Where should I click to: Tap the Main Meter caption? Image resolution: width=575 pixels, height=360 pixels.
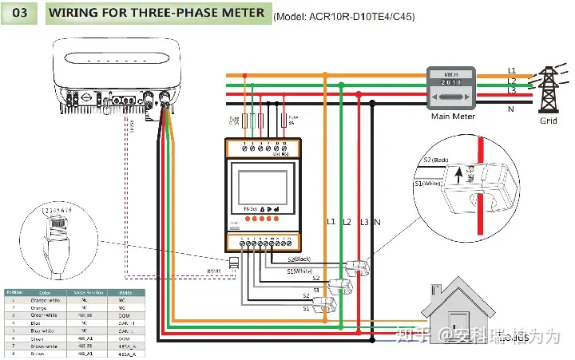point(453,117)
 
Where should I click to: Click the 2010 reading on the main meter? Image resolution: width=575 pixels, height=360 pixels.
point(453,83)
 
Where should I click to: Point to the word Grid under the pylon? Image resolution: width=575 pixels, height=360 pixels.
point(548,121)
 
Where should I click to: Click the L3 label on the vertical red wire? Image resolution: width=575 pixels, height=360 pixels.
point(364,220)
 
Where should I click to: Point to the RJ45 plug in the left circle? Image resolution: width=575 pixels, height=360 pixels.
point(56,241)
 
